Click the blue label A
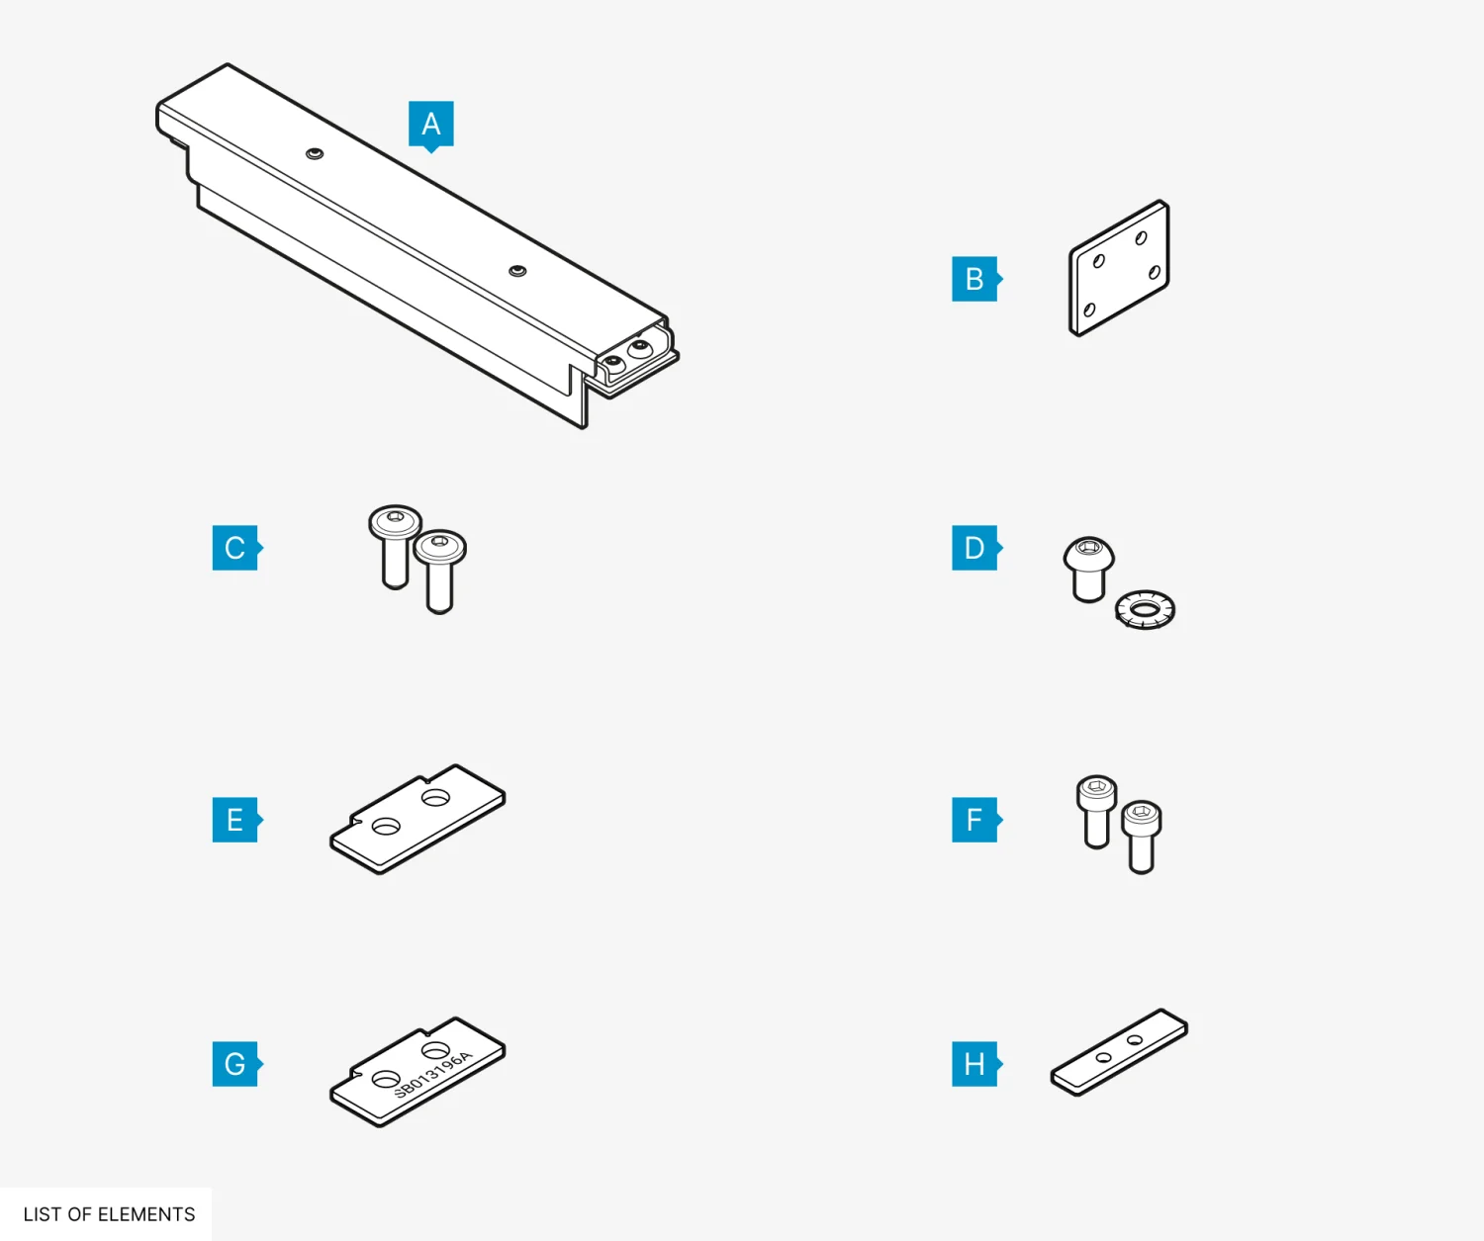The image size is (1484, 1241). tap(430, 125)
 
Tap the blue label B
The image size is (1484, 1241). tap(975, 279)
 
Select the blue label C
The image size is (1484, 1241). tap(236, 548)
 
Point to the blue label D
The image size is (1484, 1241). tap(975, 548)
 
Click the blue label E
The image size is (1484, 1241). tap(236, 820)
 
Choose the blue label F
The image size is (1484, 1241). tap(975, 820)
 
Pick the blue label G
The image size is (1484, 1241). tap(236, 1063)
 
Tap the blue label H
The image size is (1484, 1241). tap(975, 1063)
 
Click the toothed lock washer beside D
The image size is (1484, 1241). tap(1145, 609)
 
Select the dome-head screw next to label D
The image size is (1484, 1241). tap(1089, 569)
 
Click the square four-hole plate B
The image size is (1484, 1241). tap(1119, 268)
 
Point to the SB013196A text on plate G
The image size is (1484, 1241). tap(433, 1073)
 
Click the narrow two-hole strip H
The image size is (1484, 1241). tap(1119, 1052)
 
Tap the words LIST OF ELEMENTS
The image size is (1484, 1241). tap(109, 1214)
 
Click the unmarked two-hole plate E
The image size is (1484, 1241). tap(417, 819)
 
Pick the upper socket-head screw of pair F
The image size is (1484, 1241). tap(1096, 811)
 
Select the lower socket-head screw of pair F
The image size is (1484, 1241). tap(1142, 837)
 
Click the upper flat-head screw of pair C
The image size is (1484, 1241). tap(395, 546)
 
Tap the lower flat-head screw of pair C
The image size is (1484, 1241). tap(440, 571)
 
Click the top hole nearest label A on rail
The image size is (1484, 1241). tap(315, 153)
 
